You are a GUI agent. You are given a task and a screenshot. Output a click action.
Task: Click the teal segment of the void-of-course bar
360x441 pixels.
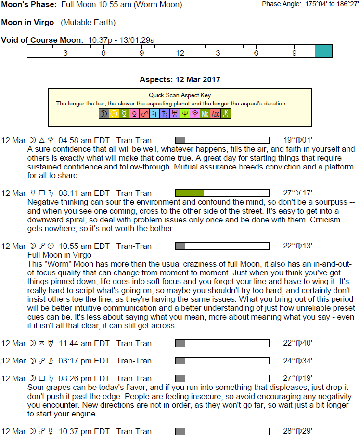click(x=323, y=51)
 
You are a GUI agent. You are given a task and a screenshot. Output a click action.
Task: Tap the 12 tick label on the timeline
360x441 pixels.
click(x=180, y=53)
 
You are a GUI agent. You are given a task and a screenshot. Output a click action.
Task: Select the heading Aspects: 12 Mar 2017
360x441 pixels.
click(x=180, y=79)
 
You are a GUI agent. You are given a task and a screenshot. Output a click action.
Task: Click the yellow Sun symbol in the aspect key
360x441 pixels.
click(x=114, y=114)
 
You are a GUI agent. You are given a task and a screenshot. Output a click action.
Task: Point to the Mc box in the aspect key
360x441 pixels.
click(x=205, y=114)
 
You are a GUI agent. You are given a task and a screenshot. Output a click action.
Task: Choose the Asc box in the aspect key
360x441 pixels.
click(x=215, y=114)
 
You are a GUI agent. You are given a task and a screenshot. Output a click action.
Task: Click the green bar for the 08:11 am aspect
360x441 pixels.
click(x=189, y=193)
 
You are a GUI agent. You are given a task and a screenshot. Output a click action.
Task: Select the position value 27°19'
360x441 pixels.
click(x=298, y=378)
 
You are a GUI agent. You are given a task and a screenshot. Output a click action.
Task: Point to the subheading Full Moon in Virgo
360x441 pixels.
click(x=60, y=255)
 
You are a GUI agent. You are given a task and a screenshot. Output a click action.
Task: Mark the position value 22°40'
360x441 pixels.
click(x=298, y=343)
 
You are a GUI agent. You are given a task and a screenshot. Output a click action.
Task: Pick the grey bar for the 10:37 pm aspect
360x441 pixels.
click(x=180, y=431)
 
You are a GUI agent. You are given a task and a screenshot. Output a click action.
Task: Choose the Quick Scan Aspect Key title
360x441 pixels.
click(x=180, y=95)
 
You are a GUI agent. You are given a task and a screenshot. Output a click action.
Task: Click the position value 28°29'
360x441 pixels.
click(x=298, y=431)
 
